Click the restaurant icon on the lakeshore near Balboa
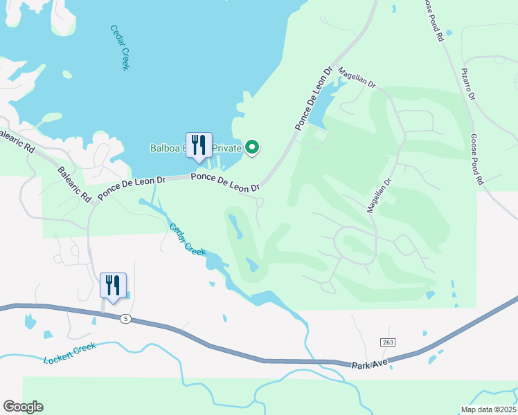[x=199, y=145]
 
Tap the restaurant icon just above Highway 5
[x=114, y=286]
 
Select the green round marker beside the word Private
[x=253, y=147]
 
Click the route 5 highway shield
[x=125, y=319]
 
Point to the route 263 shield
[x=386, y=343]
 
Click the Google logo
[x=23, y=407]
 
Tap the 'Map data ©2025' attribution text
[x=488, y=409]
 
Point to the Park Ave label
[x=367, y=364]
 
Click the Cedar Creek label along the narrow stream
[x=188, y=239]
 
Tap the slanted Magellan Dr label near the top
[x=357, y=76]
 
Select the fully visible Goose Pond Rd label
[x=476, y=160]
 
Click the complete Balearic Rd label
[x=75, y=184]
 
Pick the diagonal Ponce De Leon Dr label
[x=314, y=98]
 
